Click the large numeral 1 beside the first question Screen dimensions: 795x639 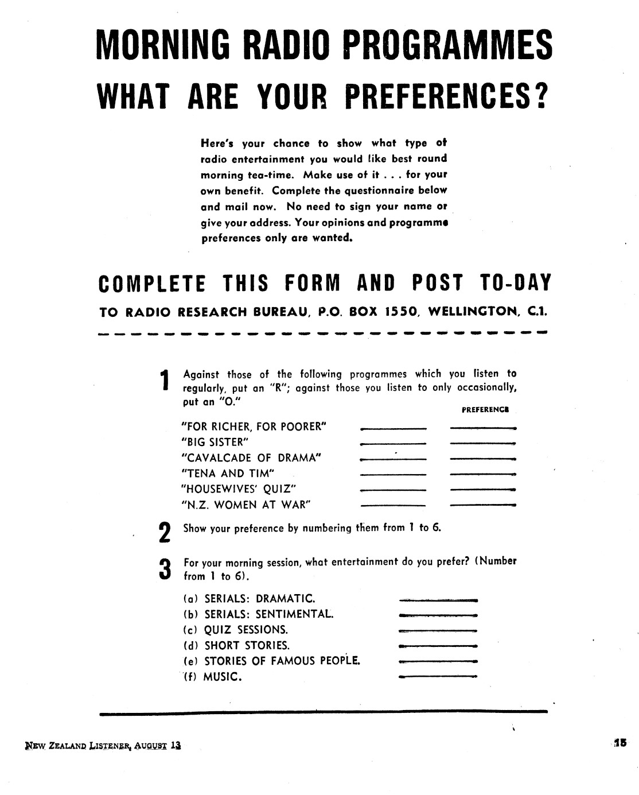coord(165,382)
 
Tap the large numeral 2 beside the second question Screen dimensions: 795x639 coord(165,532)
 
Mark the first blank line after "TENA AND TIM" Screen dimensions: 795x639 coord(393,474)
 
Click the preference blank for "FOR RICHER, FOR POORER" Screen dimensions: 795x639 coord(484,428)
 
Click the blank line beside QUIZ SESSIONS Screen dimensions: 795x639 coord(438,630)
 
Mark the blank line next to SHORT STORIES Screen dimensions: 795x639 coord(438,646)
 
